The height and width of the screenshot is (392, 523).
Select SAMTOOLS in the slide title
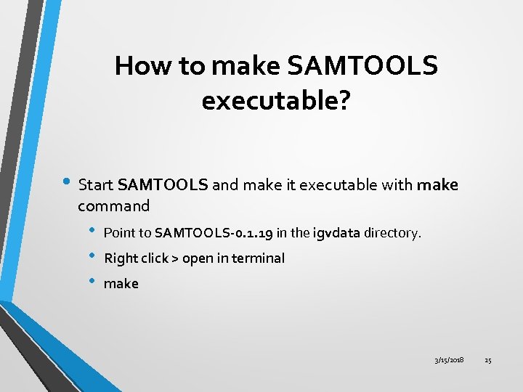point(363,67)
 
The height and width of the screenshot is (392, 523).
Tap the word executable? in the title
point(276,101)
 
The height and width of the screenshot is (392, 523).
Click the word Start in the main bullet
point(96,184)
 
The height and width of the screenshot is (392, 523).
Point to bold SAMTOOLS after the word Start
point(163,184)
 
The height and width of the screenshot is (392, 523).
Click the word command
point(114,206)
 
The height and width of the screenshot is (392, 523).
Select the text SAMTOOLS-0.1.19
point(214,234)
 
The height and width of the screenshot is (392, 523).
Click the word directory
point(393,234)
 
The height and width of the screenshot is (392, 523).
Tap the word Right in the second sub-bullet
point(121,258)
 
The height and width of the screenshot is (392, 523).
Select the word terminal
point(259,258)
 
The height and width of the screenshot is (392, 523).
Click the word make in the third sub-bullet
point(121,284)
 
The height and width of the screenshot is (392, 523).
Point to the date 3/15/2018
point(449,360)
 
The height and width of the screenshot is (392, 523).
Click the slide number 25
point(488,360)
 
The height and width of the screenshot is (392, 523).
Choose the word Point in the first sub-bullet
point(120,234)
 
